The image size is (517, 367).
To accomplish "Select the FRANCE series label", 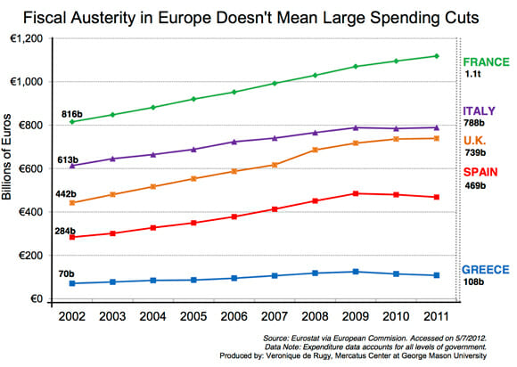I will coord(485,61).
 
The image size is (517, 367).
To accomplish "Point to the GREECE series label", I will coord(486,269).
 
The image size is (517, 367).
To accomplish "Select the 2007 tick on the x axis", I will coord(275,315).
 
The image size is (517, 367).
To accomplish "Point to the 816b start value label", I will coord(71,114).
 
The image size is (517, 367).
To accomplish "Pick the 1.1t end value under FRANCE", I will coord(472,76).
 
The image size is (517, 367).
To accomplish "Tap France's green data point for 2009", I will coord(355,67).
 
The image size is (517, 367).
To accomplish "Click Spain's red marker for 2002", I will coord(72,238).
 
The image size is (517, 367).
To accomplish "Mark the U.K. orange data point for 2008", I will coord(315,150).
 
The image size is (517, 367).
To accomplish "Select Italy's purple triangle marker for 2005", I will coord(193,150).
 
